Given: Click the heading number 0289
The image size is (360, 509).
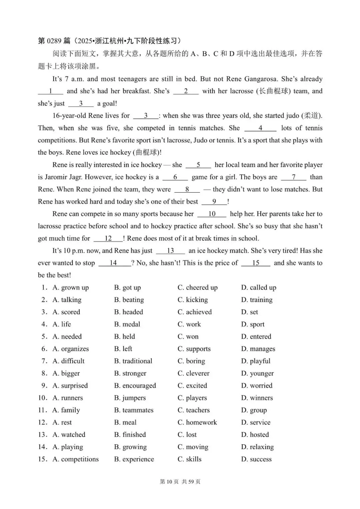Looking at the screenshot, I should point(54,41).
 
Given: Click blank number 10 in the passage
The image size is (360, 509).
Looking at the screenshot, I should point(212,214).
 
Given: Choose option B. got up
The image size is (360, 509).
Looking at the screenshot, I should point(127,288).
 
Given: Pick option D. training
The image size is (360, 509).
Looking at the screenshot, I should point(257,300).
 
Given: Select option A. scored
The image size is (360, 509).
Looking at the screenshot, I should point(66,312).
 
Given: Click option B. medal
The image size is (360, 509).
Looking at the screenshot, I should point(127,324).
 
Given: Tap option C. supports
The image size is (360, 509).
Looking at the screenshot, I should point(194,349).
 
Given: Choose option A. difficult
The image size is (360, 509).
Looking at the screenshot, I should point(68,361).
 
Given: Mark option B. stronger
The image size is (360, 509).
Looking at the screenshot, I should point(130,373).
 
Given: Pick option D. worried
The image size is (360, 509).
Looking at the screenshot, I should point(257,386).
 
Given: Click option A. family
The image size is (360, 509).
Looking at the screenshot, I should point(66,410).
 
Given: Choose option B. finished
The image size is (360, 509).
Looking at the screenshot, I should point(130,435).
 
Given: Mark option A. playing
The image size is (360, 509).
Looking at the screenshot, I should point(68,447).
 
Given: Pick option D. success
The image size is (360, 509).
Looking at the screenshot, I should point(256,459).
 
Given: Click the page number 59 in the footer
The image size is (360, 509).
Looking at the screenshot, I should point(191,482).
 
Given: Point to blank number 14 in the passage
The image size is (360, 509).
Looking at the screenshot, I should point(113,263).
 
